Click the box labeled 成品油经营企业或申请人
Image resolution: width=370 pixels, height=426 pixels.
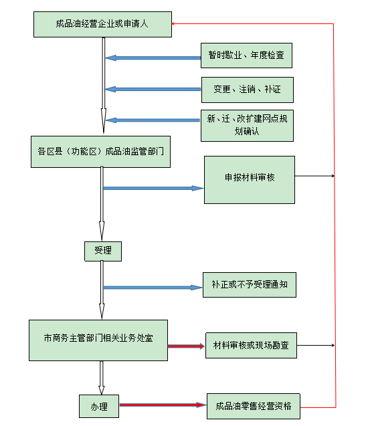click(102, 24)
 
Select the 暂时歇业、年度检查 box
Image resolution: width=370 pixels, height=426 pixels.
click(247, 56)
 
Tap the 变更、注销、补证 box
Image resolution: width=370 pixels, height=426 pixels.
click(248, 90)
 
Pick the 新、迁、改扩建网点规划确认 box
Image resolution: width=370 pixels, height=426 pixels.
click(247, 126)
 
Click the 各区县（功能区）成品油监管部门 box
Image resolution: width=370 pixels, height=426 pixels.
click(100, 152)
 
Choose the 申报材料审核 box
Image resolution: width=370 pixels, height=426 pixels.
click(250, 180)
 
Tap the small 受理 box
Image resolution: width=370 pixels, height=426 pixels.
click(103, 251)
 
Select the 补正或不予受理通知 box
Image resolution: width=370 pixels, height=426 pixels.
click(250, 285)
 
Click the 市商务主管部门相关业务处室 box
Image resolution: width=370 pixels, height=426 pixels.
click(98, 340)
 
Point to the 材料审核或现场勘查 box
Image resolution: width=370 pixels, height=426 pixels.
click(251, 345)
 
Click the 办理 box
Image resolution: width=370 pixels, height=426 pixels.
click(99, 406)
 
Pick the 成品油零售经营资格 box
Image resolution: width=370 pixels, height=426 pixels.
click(254, 406)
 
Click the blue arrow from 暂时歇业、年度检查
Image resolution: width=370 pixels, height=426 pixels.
click(153, 58)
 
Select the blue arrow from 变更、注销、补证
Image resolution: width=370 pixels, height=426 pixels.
click(153, 89)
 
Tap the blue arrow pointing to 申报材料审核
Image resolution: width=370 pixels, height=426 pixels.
click(154, 189)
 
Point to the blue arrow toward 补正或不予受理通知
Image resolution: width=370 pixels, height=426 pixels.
click(153, 288)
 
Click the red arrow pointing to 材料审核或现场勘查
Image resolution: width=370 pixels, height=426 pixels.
click(187, 346)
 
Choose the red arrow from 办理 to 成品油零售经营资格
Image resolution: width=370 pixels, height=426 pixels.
click(163, 405)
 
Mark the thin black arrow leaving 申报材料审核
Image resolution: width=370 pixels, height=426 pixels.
click(315, 176)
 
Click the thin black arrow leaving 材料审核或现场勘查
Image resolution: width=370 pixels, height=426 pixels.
click(316, 345)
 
